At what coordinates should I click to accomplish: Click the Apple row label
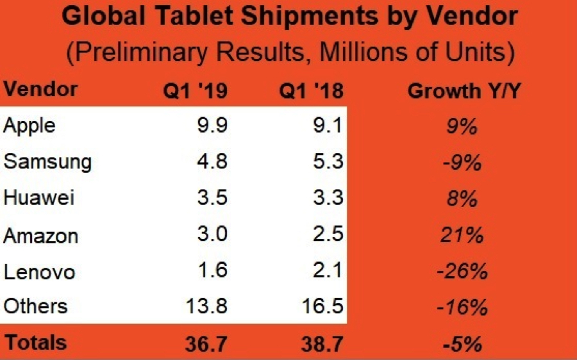pos(29,126)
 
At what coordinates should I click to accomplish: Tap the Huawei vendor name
pos(39,197)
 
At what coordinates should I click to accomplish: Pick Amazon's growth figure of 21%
pos(461,234)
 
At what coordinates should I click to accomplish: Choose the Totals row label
pos(36,342)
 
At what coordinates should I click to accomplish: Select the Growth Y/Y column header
pos(464,91)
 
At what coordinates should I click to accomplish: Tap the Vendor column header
pos(40,90)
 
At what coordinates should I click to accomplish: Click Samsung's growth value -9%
pos(461,162)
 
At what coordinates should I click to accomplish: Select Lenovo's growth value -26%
pos(462,271)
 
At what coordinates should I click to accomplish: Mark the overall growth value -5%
pos(462,344)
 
